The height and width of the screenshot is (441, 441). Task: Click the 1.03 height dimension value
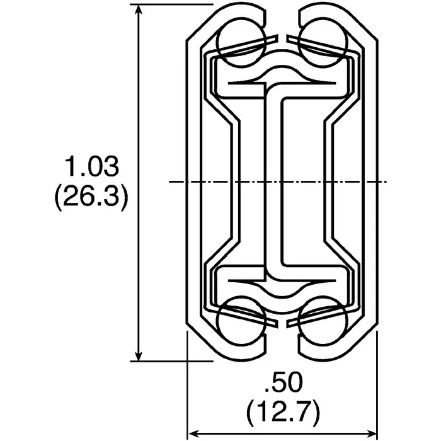pyautogui.click(x=91, y=168)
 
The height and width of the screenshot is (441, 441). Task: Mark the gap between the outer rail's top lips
pyautogui.click(x=282, y=25)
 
